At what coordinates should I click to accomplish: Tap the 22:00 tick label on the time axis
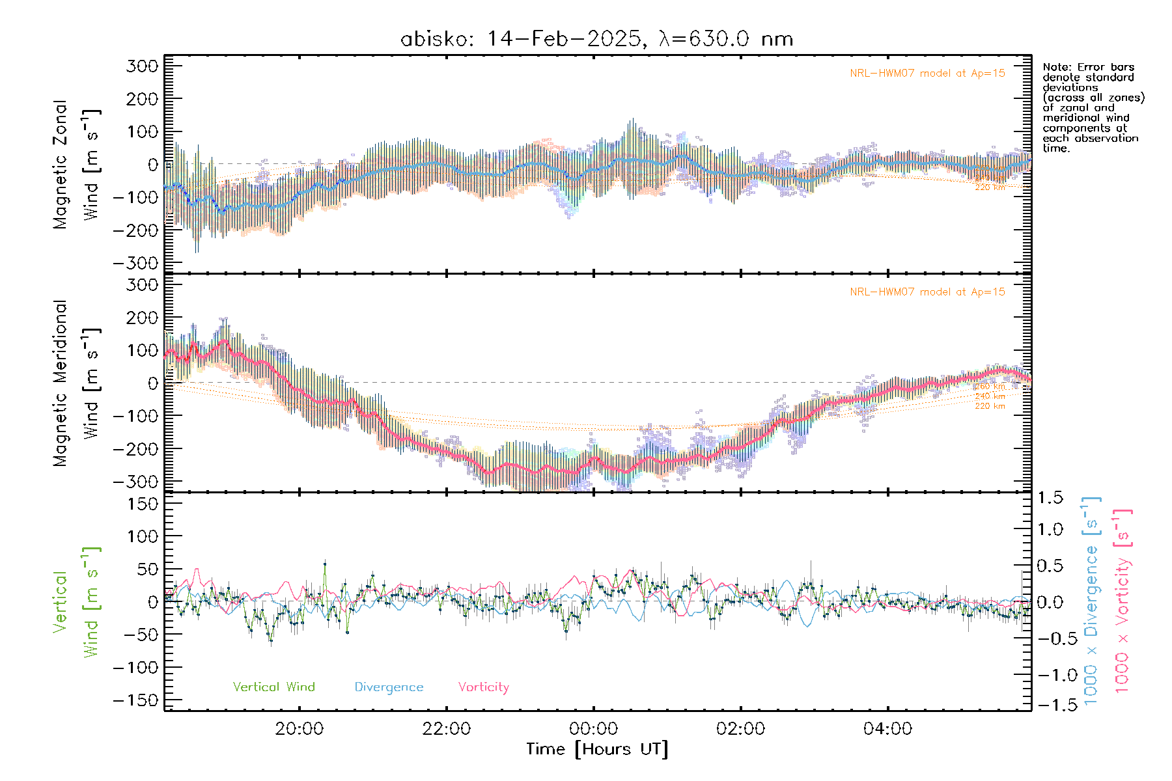[446, 729]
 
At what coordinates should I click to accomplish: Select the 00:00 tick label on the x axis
[593, 729]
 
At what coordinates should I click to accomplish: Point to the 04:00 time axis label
[887, 729]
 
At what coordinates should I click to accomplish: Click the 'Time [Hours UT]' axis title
[597, 749]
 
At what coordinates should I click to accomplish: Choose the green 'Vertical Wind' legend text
[273, 687]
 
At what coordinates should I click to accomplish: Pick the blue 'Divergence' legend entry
[389, 687]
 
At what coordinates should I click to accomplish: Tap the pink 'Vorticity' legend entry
[483, 687]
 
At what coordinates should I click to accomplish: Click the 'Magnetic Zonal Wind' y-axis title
[76, 164]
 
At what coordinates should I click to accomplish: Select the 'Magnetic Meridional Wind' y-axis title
[76, 383]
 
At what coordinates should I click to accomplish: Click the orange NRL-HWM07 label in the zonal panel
[927, 74]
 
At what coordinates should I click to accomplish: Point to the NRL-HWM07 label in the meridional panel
[927, 292]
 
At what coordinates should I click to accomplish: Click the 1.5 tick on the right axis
[1050, 498]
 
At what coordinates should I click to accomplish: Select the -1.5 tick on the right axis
[1050, 704]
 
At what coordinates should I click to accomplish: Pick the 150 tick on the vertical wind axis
[143, 504]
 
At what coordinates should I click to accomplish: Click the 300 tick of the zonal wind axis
[143, 66]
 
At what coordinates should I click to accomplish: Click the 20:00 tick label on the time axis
[299, 729]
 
